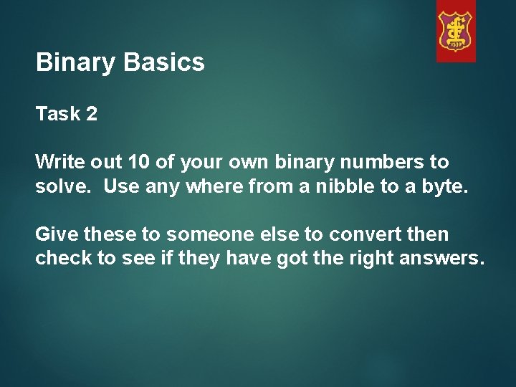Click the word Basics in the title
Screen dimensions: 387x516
point(164,63)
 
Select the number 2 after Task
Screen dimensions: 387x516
point(91,115)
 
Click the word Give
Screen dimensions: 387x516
point(57,234)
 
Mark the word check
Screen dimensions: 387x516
point(64,259)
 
